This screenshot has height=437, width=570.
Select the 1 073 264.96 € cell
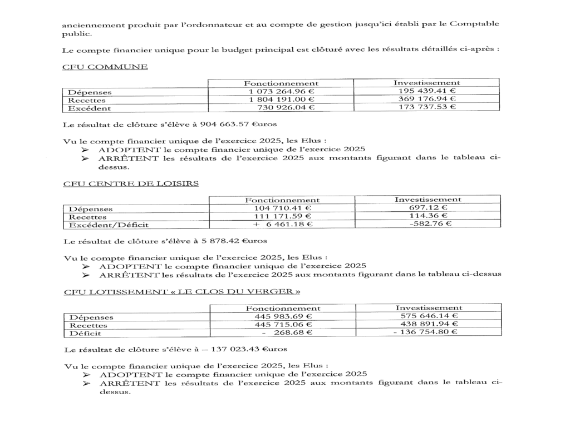tap(280, 92)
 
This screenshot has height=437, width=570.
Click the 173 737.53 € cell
tap(427, 108)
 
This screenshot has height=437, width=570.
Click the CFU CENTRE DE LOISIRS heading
tap(131, 183)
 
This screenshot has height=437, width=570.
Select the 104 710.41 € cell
tap(282, 208)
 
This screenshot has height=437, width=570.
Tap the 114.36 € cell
tap(427, 216)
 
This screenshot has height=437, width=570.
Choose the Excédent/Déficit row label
tap(109, 225)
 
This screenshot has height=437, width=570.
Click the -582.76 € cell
tap(427, 225)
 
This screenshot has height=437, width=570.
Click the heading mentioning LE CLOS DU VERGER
tap(182, 291)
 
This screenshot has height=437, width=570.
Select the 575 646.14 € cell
tap(428, 316)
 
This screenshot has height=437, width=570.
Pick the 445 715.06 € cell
tap(283, 325)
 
